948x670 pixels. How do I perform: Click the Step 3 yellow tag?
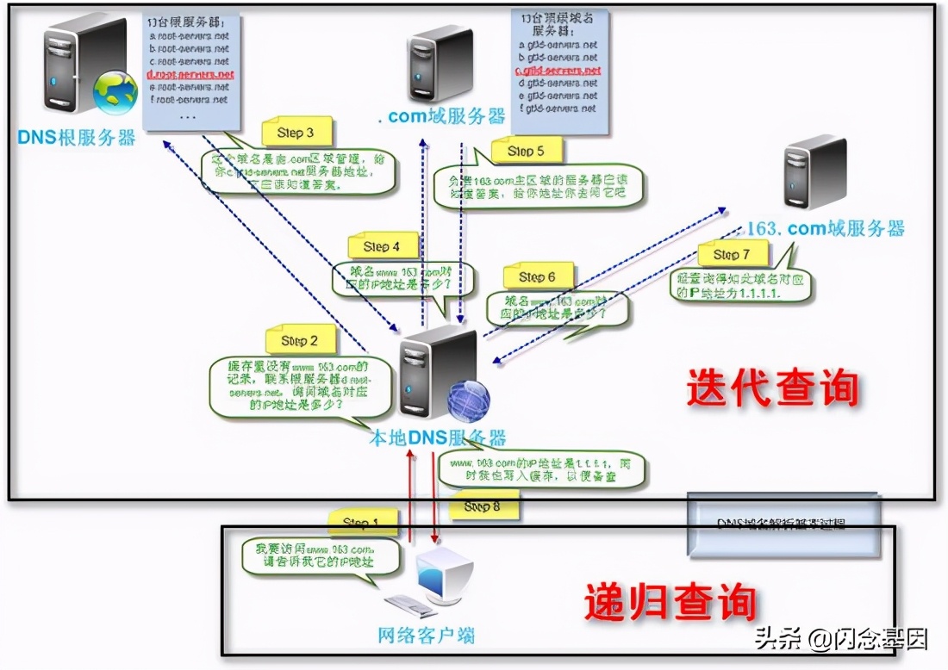(296, 133)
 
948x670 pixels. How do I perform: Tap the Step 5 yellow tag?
(527, 151)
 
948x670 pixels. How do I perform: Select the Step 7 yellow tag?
(732, 254)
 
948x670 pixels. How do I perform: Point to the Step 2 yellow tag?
(300, 340)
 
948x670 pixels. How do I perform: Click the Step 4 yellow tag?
(382, 246)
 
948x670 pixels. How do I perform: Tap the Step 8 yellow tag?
(482, 506)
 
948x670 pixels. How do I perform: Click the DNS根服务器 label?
(77, 138)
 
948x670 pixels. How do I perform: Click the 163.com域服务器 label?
(825, 228)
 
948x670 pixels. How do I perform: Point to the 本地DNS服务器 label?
(437, 437)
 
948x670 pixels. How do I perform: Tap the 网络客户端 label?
(427, 636)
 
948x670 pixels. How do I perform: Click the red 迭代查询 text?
(773, 388)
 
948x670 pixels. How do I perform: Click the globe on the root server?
(115, 93)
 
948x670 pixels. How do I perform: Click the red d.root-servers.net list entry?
(190, 75)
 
